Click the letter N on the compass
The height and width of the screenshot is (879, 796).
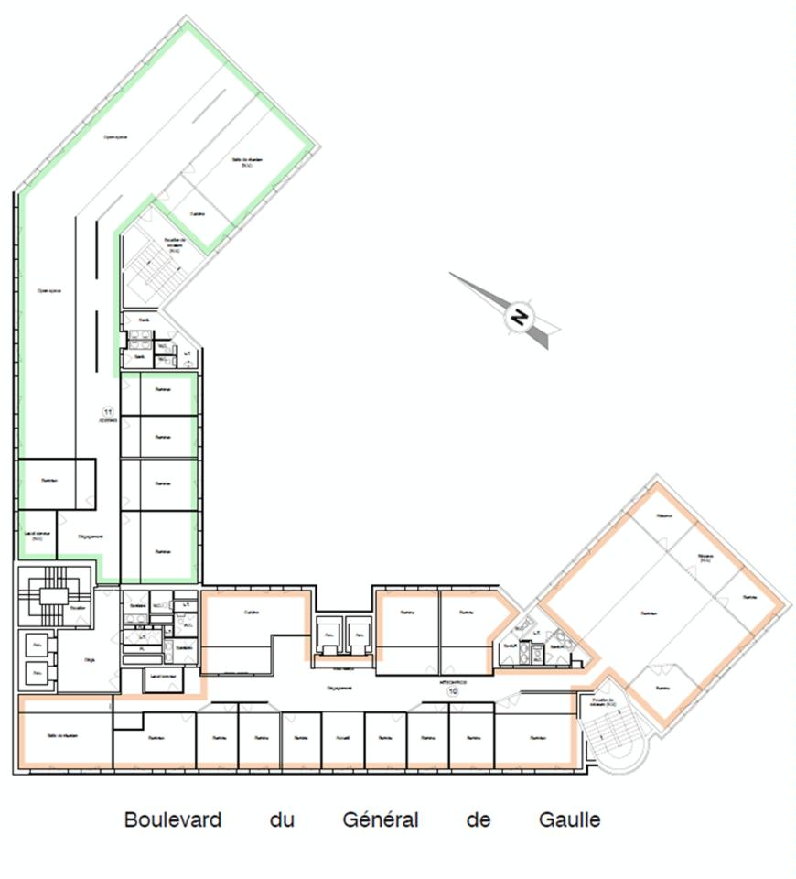pos(519,318)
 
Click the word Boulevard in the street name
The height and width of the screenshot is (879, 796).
pos(173,819)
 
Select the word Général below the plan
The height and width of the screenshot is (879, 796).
pos(381,819)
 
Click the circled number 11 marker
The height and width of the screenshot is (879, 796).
pos(108,412)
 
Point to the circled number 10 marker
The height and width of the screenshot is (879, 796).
pos(452,691)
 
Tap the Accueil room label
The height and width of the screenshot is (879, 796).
pos(343,737)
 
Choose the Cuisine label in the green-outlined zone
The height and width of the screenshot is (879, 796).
pos(197,214)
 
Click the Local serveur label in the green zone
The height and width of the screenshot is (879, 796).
pos(37,537)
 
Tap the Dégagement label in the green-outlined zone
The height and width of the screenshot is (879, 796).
pos(89,537)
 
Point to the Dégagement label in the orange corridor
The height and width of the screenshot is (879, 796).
pos(340,687)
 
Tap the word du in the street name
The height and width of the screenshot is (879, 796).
pos(281,819)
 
